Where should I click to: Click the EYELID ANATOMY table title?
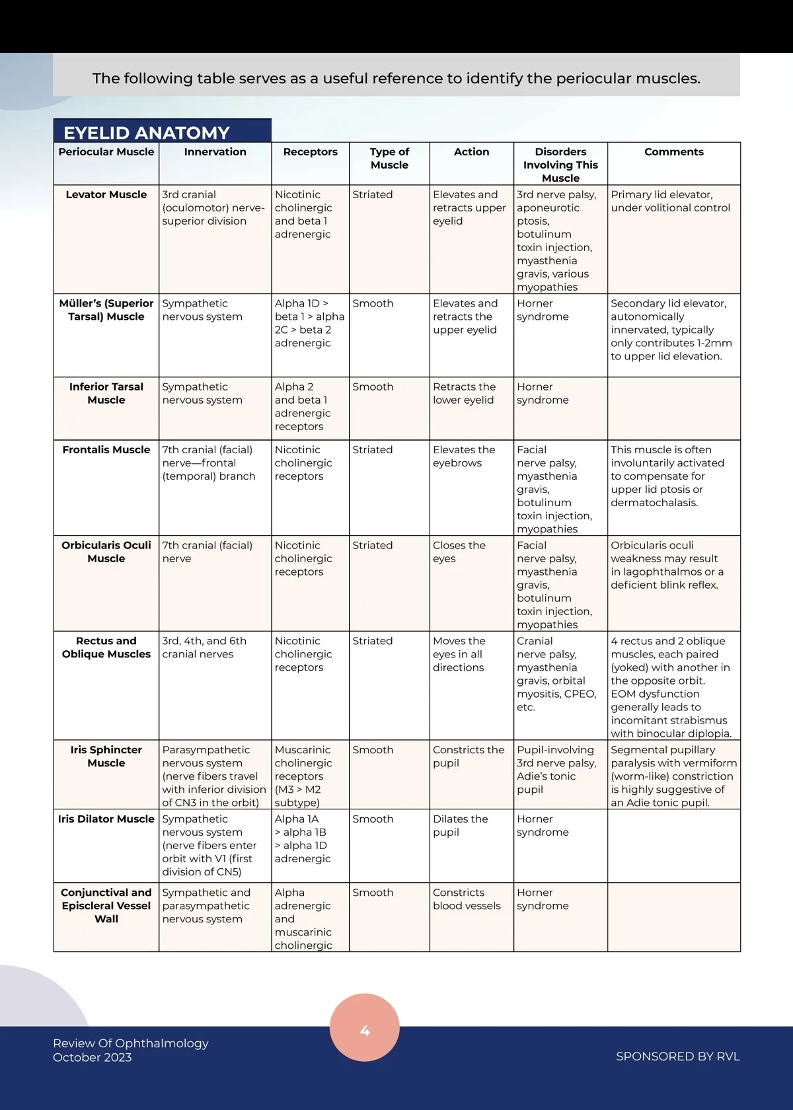pyautogui.click(x=147, y=132)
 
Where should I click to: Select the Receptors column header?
pyautogui.click(x=310, y=152)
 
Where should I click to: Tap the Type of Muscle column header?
pyautogui.click(x=389, y=159)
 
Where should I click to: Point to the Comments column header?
pyautogui.click(x=673, y=152)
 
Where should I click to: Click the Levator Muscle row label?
pyautogui.click(x=106, y=195)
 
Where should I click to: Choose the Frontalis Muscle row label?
pyautogui.click(x=106, y=450)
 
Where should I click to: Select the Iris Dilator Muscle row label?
pyautogui.click(x=106, y=819)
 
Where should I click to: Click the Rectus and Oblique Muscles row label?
pyautogui.click(x=106, y=647)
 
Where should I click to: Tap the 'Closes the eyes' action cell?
pyautogui.click(x=459, y=552)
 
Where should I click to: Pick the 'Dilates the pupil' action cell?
pyautogui.click(x=460, y=826)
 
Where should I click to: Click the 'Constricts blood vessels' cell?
pyautogui.click(x=467, y=899)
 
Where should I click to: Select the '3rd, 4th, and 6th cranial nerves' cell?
pyautogui.click(x=204, y=647)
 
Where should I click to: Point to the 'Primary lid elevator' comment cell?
pyautogui.click(x=670, y=202)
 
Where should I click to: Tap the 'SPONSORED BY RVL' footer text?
pyautogui.click(x=677, y=1056)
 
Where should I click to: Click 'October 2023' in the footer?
pyautogui.click(x=93, y=1058)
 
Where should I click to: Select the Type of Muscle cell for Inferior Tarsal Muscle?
pyautogui.click(x=373, y=387)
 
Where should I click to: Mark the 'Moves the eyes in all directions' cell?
pyautogui.click(x=459, y=654)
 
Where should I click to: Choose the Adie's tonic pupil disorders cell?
pyautogui.click(x=556, y=770)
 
